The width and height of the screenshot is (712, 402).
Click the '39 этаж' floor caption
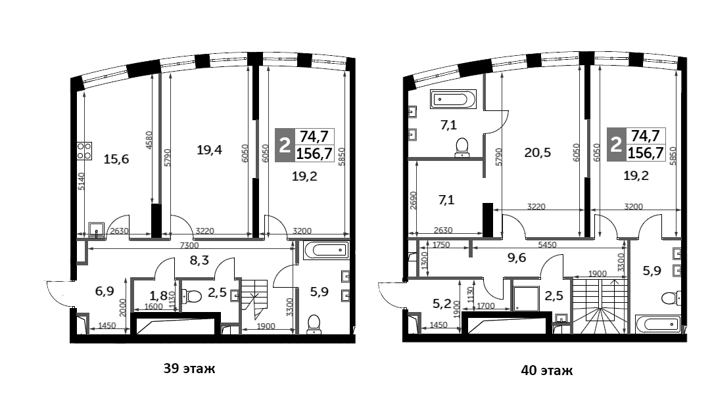189,368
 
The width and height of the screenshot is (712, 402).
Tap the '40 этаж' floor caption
546,370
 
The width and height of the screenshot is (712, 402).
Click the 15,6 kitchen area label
116,158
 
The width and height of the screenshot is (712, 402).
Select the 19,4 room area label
209,150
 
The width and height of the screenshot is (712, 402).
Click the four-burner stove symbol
85,152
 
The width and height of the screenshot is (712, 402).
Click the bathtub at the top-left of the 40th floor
450,100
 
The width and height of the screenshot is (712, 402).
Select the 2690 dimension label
412,198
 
